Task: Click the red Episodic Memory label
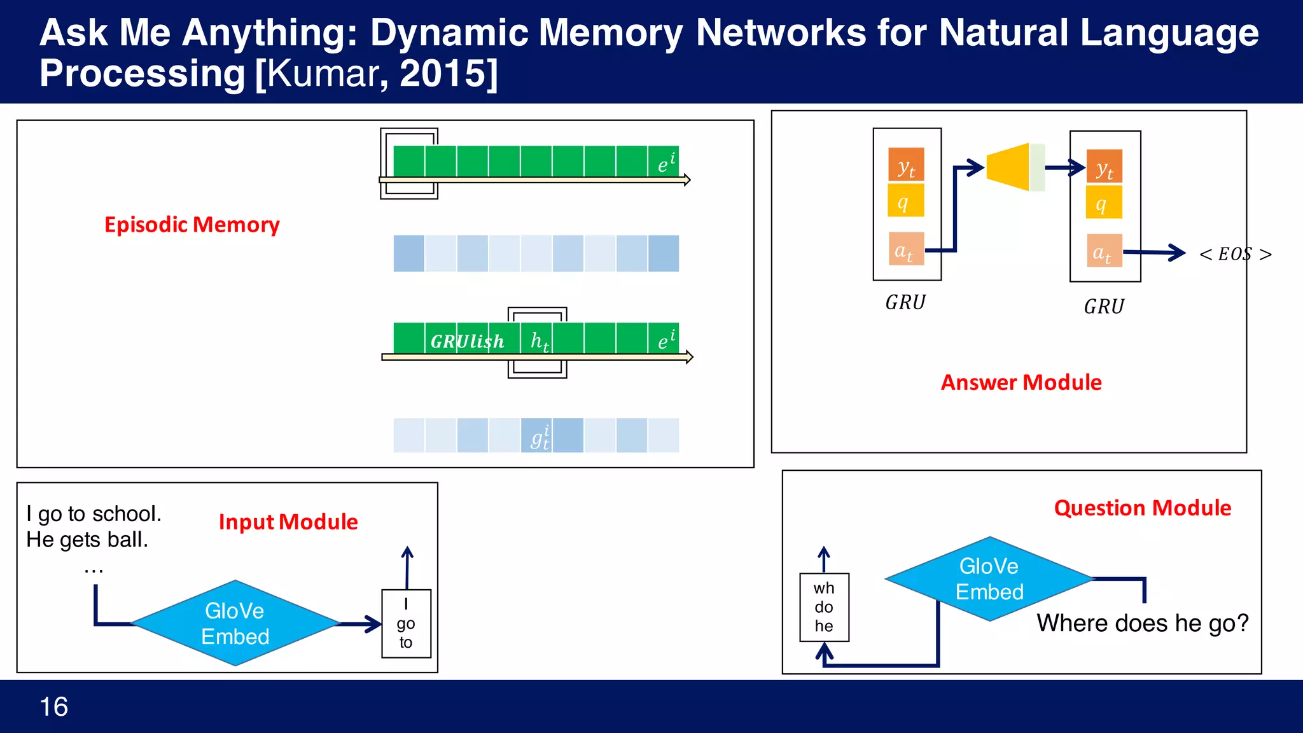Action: (x=192, y=225)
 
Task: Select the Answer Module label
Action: (x=1021, y=382)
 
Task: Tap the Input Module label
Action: (x=288, y=522)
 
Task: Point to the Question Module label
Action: (x=1143, y=508)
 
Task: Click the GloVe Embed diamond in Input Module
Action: (x=235, y=624)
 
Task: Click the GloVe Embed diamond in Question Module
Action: (x=989, y=579)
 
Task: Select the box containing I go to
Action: (x=406, y=624)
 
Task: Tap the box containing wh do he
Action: (x=824, y=607)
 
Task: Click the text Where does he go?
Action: (x=1143, y=623)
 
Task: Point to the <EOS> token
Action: (x=1235, y=254)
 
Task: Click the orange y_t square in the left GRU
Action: (x=906, y=165)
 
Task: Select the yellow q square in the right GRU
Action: (x=1104, y=202)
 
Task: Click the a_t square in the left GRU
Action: (x=905, y=249)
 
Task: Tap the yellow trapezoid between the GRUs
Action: (x=1008, y=167)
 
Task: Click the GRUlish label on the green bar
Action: (x=467, y=342)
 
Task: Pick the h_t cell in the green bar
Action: (x=538, y=340)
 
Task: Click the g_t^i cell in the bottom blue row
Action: (x=537, y=436)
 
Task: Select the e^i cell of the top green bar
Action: (x=664, y=162)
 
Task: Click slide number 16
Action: (x=54, y=707)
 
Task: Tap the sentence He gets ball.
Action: (x=87, y=540)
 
